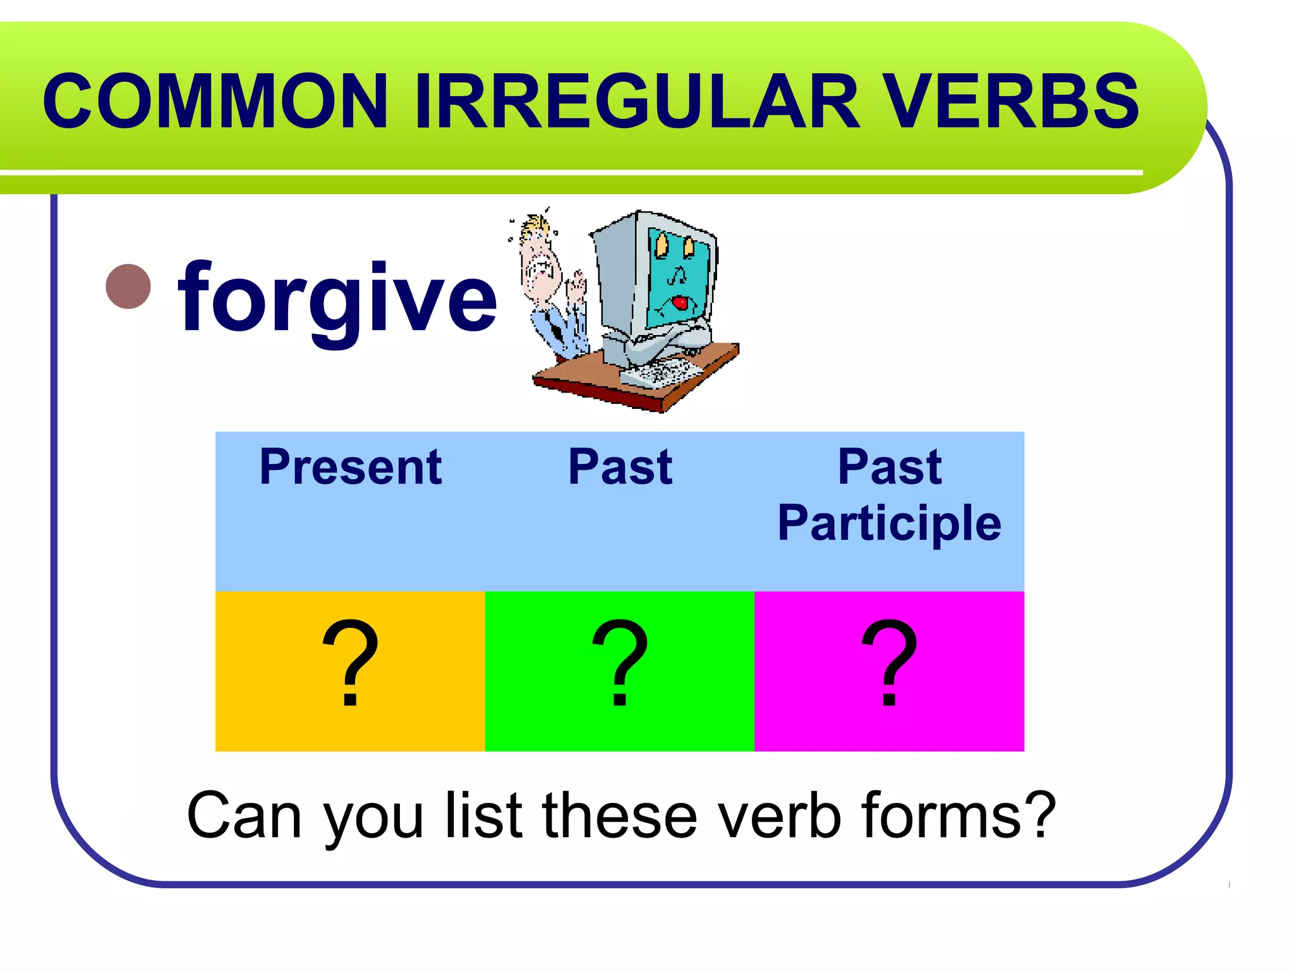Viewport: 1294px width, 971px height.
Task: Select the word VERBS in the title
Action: tap(1010, 101)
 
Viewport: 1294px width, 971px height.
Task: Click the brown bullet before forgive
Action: tap(129, 286)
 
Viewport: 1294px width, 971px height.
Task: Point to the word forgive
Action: tap(337, 298)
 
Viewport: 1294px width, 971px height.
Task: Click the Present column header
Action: tap(350, 467)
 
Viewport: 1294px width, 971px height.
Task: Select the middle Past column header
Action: tap(620, 467)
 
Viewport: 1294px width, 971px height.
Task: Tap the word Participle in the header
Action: tap(889, 523)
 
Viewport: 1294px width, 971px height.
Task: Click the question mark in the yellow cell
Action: tap(350, 664)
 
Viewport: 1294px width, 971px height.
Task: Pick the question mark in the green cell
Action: tap(620, 664)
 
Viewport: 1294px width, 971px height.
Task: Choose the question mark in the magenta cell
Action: tap(889, 664)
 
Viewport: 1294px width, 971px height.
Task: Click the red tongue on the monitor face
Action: tap(679, 303)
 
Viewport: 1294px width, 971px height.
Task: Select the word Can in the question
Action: tap(244, 816)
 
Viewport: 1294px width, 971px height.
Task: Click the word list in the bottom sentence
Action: tap(485, 816)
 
